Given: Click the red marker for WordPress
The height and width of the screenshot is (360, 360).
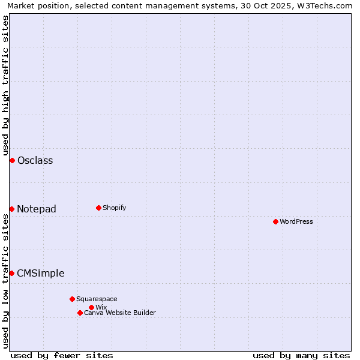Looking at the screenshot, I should point(275,221).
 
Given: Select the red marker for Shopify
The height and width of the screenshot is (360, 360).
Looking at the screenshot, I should point(98,208).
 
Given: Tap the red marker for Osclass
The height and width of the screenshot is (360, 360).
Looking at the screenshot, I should point(12,160).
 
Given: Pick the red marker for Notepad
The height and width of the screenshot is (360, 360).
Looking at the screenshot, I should point(11,209).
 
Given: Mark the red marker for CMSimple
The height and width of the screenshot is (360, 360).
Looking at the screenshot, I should point(11,273).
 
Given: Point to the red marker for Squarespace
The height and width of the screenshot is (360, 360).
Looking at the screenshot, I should point(72,299).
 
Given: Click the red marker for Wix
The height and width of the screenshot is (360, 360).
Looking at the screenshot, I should point(91,307).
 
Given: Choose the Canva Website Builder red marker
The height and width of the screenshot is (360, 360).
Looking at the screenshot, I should point(80,313).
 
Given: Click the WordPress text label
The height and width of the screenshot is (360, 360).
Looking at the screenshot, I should point(296,221).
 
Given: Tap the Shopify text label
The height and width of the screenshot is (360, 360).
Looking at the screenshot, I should point(114,208).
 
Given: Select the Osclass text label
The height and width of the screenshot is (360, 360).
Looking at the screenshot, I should point(35,160).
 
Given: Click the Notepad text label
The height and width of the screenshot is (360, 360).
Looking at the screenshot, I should point(37,209).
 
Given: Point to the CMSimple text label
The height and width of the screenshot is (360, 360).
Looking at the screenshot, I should point(40,273).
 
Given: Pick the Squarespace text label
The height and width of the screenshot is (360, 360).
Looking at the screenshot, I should point(97,299).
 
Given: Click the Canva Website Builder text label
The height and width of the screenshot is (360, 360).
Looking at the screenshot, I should point(119,313).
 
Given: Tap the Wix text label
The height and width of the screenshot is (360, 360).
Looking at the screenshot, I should point(101,307).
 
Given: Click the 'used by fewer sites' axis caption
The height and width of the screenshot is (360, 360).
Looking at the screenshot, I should point(62,355).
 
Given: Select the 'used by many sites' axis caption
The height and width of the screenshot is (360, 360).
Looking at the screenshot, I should point(301,355).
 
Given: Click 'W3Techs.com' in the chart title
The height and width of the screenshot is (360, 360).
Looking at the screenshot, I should point(323,6).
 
